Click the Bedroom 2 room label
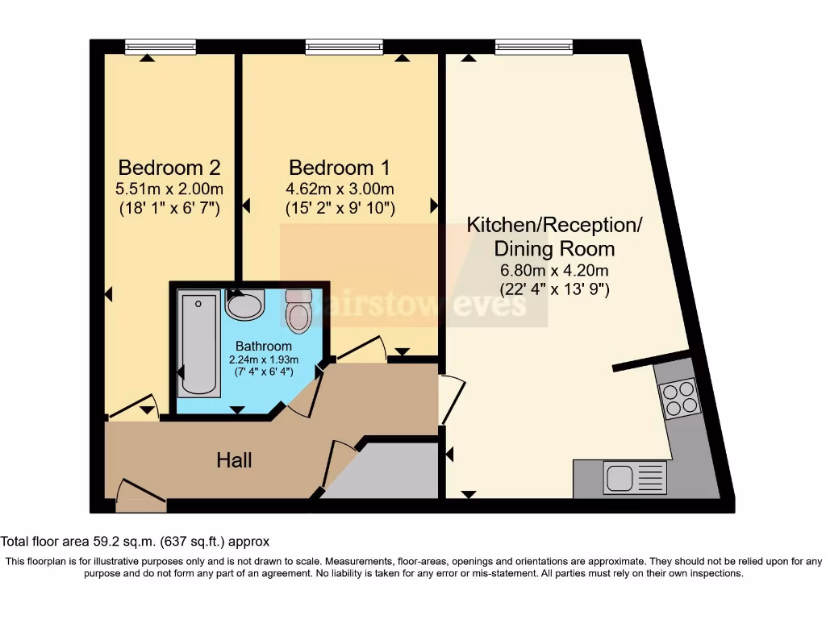(169, 168)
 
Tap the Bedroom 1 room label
(340, 168)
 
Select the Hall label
(234, 460)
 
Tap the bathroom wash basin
(245, 305)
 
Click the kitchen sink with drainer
(635, 478)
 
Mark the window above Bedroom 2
(161, 48)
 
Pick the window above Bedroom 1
(344, 48)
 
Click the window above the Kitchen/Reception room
(534, 48)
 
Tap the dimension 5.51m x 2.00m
(169, 190)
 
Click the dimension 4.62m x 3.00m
(340, 190)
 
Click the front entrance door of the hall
(140, 495)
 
